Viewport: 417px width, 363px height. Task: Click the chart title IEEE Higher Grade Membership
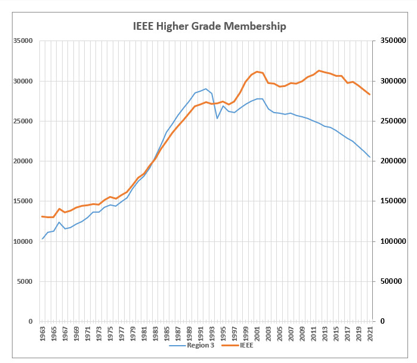(209, 26)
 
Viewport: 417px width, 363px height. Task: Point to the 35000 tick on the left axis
(23, 41)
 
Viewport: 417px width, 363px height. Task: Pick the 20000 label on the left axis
(23, 161)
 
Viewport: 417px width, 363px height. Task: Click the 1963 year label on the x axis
(42, 334)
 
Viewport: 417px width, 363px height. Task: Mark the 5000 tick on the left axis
(26, 281)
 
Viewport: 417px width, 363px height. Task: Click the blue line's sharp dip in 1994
(217, 118)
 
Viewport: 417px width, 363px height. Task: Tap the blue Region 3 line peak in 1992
(206, 89)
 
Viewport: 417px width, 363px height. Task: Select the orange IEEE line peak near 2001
(257, 72)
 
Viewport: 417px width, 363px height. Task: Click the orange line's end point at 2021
(370, 95)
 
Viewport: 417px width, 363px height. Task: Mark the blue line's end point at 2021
(370, 157)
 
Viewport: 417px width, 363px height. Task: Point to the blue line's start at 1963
(42, 239)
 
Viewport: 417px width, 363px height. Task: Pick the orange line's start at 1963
(42, 216)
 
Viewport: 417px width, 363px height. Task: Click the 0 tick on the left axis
(30, 321)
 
